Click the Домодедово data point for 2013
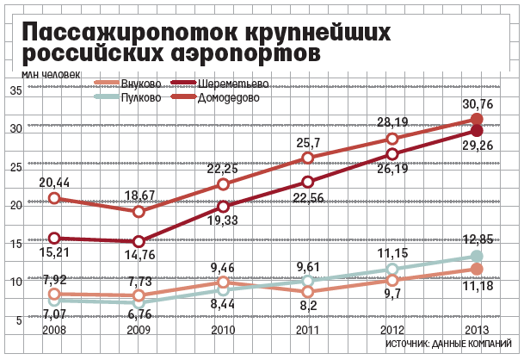(478, 120)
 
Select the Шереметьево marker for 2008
(54, 238)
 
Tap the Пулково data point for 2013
(478, 256)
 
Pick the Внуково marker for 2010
(223, 282)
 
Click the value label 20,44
(54, 182)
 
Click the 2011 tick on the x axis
(307, 330)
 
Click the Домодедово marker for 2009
(139, 211)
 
